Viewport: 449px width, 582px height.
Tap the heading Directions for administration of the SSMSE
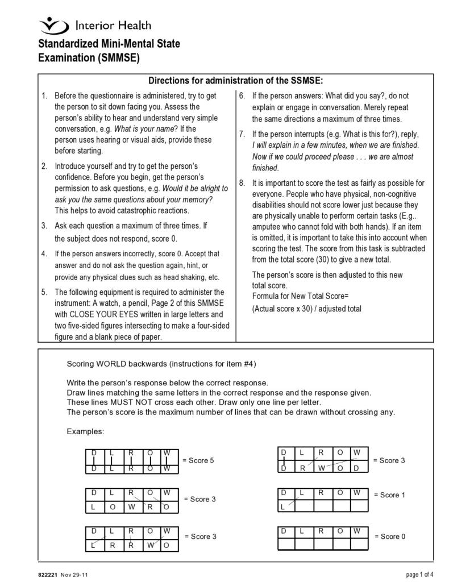[235, 81]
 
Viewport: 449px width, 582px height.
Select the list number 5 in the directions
[44, 292]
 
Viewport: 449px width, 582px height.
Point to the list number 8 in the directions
[242, 183]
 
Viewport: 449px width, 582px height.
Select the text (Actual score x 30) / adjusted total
[306, 309]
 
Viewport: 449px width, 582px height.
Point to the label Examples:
[85, 431]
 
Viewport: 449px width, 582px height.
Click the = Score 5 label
[198, 460]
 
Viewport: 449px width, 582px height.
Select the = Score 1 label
[389, 495]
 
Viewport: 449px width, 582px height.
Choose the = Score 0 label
[389, 537]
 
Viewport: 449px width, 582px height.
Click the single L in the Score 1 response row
[283, 506]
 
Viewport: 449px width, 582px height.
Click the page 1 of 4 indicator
[419, 575]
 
